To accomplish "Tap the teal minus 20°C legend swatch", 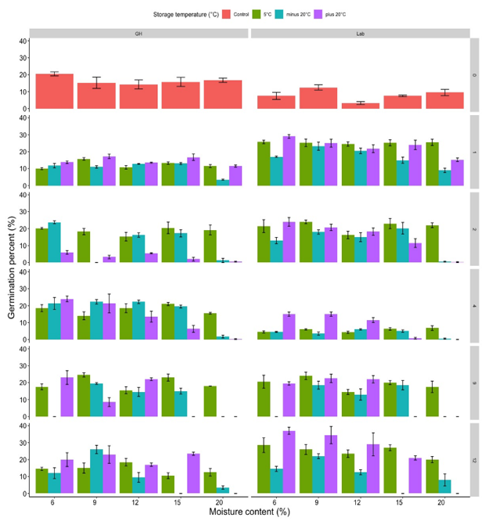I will click(x=327, y=13).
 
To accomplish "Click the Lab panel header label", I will click(x=359, y=34).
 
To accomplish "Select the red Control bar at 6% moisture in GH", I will click(x=54, y=92).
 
